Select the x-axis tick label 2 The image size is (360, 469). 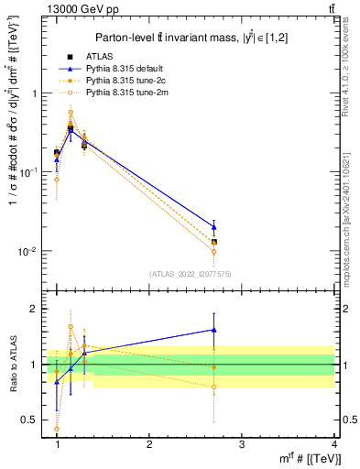[x=149, y=444]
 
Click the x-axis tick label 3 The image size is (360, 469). [x=241, y=444]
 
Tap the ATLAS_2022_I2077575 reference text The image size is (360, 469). [x=190, y=274]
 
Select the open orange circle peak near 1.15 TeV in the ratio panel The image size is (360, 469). [x=71, y=326]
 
